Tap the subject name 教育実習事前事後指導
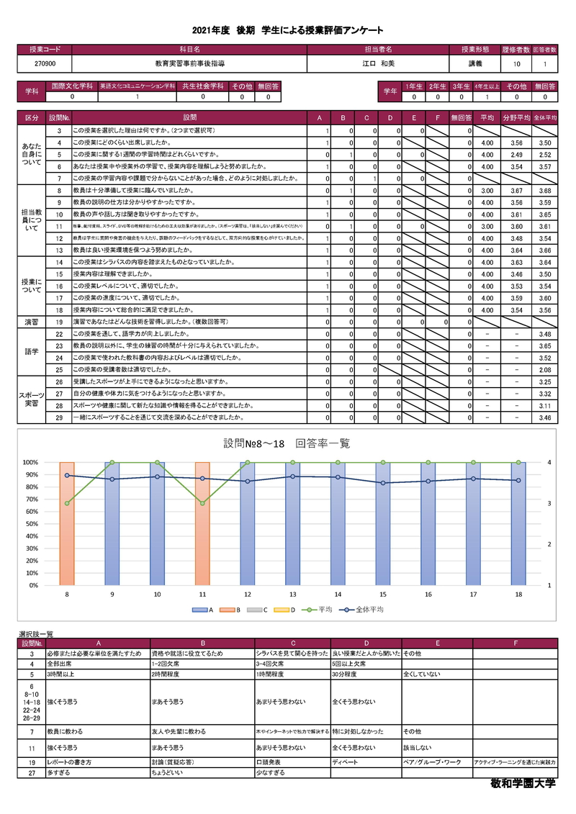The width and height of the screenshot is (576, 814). [189, 64]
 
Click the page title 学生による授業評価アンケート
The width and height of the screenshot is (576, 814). [287, 30]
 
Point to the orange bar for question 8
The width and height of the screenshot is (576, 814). [67, 523]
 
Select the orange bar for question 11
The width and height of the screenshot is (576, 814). [202, 523]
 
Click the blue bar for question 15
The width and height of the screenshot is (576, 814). [383, 523]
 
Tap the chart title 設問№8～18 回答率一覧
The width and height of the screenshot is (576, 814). [287, 443]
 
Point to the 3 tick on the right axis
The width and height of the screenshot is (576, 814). [550, 503]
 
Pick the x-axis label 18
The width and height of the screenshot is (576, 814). [518, 594]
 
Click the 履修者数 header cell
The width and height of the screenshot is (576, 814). [517, 50]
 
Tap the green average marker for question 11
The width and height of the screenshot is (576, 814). [202, 503]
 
